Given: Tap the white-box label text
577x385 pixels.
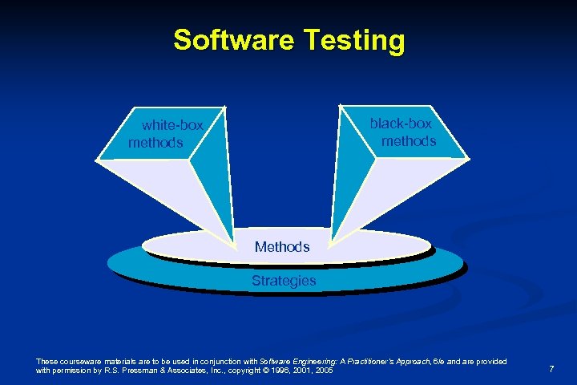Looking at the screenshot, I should pos(172,125).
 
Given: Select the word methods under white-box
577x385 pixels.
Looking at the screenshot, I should pos(155,143).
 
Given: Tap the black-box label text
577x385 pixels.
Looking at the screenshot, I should pos(400,124).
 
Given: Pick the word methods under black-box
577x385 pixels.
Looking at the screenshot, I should pos(409,141).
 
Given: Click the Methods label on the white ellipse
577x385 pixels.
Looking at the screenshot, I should pos(282,247).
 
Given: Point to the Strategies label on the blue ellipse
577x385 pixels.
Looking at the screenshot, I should pos(284,281).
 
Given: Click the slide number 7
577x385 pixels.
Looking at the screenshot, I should pos(551,368).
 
